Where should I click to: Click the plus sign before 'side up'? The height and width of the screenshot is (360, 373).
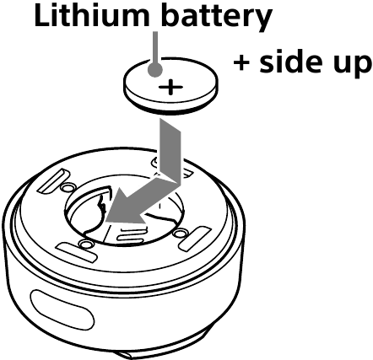[241, 63]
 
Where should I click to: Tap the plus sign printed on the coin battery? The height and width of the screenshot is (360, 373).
[170, 87]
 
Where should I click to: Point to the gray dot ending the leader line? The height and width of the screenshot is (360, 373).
[154, 69]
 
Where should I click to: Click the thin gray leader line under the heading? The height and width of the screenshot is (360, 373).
[155, 47]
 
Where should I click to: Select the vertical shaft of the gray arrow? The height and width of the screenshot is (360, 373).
[170, 148]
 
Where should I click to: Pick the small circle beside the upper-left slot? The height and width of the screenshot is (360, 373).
[68, 187]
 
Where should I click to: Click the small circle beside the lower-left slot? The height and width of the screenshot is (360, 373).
[85, 244]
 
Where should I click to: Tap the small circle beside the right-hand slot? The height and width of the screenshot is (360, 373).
[180, 234]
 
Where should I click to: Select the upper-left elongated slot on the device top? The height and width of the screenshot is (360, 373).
[54, 180]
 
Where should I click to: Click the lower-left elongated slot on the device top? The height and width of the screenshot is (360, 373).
[76, 251]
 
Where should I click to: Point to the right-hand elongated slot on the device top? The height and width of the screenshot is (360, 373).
[195, 239]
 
